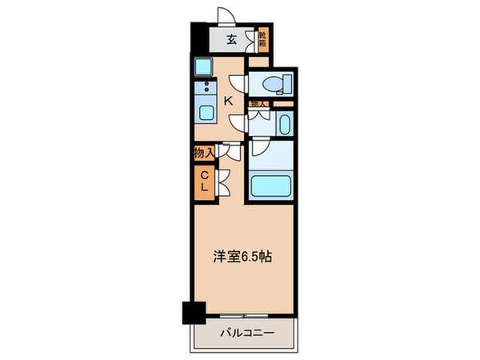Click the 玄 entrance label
pyautogui.click(x=230, y=38)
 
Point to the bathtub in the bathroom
pyautogui.click(x=271, y=186)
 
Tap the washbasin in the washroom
pyautogui.click(x=285, y=122)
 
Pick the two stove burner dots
pyautogui.click(x=206, y=87)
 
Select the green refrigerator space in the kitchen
pyautogui.click(x=204, y=67)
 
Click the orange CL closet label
pyautogui.click(x=203, y=181)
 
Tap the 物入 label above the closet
pyautogui.click(x=203, y=152)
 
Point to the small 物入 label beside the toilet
pyautogui.click(x=258, y=104)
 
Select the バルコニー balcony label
pyautogui.click(x=244, y=332)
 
